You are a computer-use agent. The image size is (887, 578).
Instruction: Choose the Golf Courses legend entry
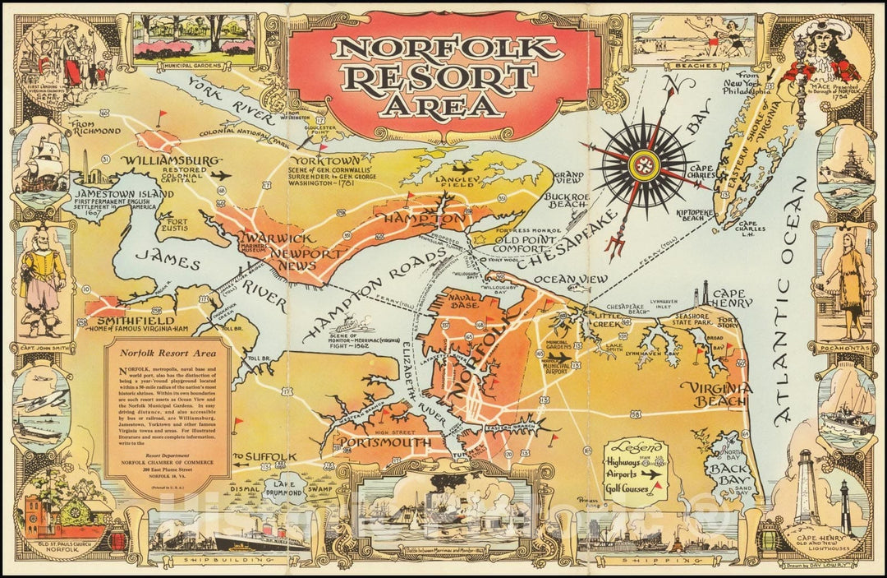[629, 490]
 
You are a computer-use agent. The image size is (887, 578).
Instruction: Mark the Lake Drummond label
[280, 486]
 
